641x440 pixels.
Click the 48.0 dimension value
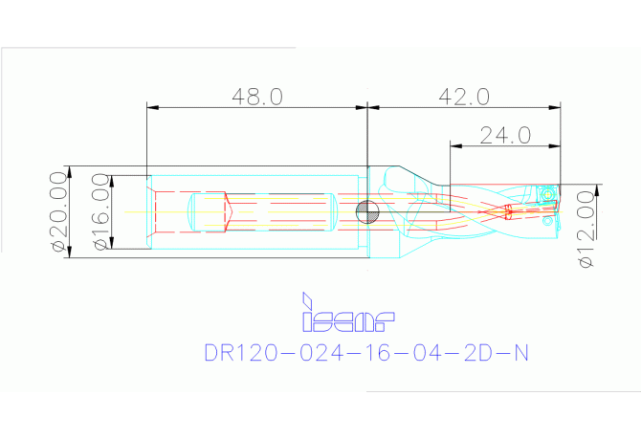point(257,97)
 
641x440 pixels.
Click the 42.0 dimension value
point(464,97)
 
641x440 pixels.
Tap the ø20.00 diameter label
point(58,212)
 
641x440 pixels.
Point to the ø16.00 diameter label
point(99,212)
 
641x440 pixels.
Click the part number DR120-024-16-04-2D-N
point(366,353)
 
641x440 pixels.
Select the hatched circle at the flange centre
point(367,211)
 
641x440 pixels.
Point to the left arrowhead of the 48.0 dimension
point(150,106)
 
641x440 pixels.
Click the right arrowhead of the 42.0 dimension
point(557,106)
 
